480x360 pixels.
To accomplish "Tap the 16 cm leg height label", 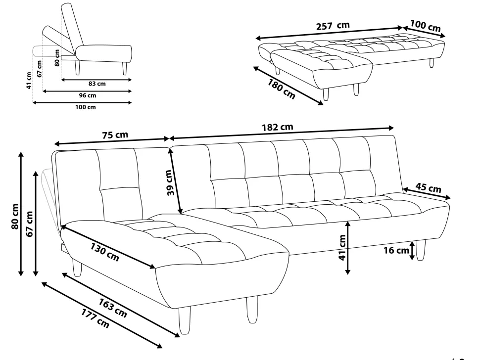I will click(395, 250).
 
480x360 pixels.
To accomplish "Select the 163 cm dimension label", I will click(113, 306).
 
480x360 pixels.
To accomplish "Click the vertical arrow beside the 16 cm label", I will click(412, 251).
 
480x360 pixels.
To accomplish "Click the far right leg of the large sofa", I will click(421, 250).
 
